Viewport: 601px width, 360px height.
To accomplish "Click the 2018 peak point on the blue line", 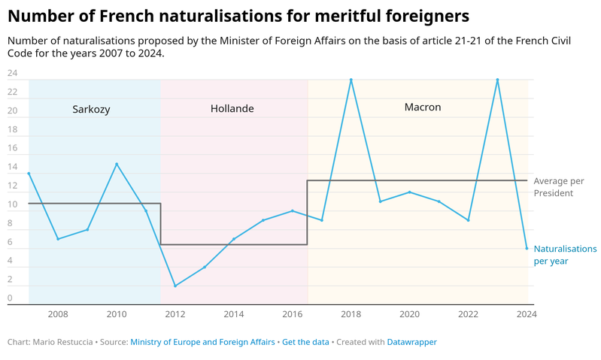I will coord(351,80).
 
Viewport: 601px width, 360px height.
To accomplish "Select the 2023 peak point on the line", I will coord(497,80).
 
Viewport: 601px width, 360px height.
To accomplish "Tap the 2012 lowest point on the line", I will coord(175,286).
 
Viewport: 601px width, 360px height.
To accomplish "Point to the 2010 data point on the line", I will coord(117,164).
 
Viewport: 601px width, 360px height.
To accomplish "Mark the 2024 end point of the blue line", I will coord(527,248).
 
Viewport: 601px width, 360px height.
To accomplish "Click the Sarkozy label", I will coord(91,109).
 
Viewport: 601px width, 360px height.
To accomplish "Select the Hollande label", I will coord(232,109).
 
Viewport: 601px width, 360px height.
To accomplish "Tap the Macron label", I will coord(423,107).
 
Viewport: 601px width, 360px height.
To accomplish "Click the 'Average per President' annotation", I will coord(558,187).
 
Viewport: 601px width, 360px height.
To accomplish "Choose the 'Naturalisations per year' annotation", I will coord(565,255).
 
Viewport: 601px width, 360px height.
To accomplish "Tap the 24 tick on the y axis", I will coord(12,73).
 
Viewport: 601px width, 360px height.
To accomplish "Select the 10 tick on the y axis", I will coord(12,204).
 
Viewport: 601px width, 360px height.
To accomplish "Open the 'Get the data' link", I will coord(305,342).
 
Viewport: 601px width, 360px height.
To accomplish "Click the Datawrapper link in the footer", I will coord(411,342).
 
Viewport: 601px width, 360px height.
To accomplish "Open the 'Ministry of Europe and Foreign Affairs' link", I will coord(202,342).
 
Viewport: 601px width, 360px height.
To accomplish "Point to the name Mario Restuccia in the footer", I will coord(63,342).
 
